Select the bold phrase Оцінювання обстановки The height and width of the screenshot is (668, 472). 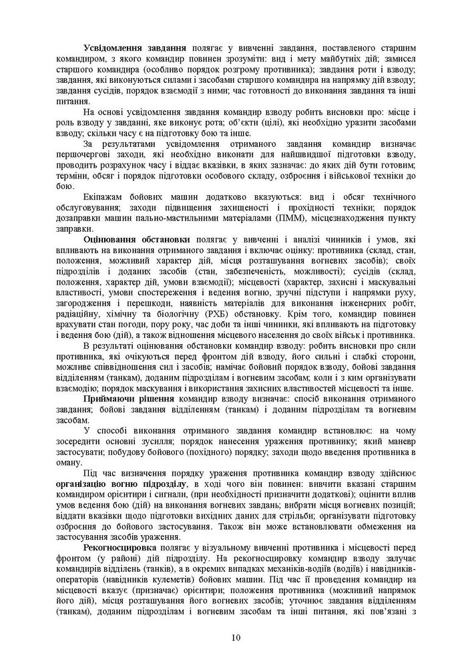click(x=138, y=238)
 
